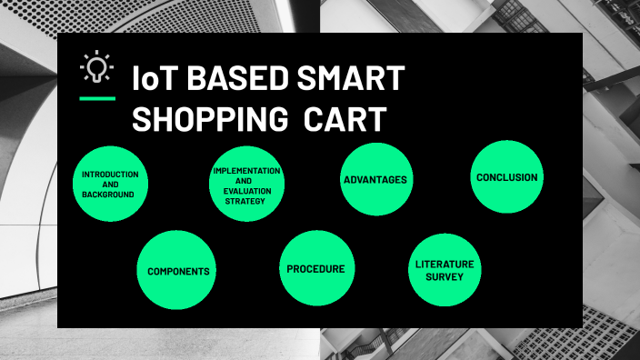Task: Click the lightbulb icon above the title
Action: [95, 67]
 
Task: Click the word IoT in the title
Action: [154, 79]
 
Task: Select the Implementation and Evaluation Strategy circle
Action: [246, 185]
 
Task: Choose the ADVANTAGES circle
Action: [375, 179]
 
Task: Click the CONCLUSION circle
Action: [507, 177]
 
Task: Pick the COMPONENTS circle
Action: [178, 270]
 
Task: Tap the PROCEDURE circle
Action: [315, 268]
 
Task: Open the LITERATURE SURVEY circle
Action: [445, 269]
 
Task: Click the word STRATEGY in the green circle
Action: [245, 201]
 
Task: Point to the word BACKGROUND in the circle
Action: [107, 195]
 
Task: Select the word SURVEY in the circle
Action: [445, 276]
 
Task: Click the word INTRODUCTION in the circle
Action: [110, 173]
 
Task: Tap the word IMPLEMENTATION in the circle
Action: [246, 170]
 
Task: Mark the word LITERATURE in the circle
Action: [445, 264]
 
